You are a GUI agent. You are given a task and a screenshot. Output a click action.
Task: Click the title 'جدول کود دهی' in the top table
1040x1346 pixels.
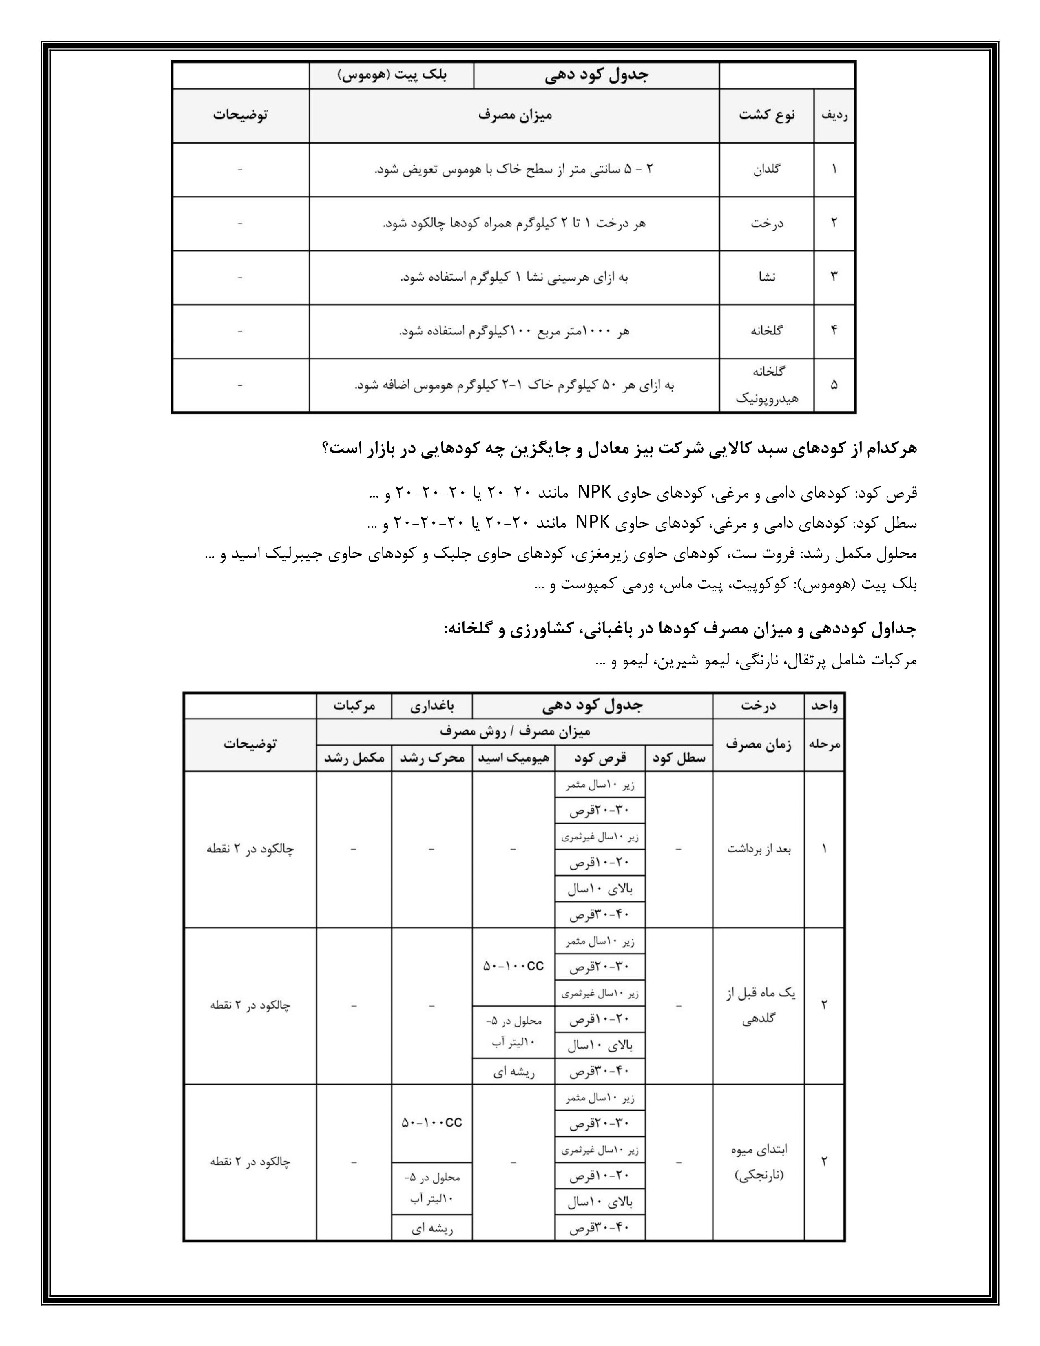pos(596,75)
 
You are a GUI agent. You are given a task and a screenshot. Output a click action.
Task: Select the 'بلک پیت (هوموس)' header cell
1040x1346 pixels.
pos(392,75)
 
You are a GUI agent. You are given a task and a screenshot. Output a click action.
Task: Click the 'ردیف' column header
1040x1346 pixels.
pos(834,115)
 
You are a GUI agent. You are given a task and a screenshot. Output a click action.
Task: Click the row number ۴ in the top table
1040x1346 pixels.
pos(834,331)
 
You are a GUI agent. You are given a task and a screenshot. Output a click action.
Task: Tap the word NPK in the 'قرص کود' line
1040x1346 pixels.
pos(594,493)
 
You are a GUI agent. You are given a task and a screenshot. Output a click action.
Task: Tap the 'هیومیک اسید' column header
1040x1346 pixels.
pos(514,758)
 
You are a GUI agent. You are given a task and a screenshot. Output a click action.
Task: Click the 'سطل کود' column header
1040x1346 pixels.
pos(679,758)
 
